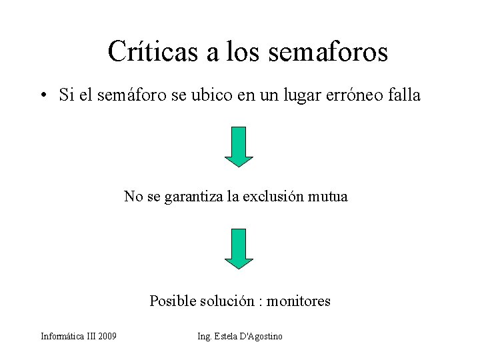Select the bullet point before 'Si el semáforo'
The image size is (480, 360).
point(43,96)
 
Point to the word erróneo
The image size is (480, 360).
point(357,95)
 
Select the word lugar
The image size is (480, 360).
point(295,95)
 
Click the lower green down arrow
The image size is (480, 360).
point(239,248)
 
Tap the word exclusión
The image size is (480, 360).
point(273,197)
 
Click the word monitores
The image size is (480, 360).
point(299,301)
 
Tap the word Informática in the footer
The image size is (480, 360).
point(62,337)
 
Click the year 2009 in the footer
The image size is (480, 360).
point(107,337)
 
